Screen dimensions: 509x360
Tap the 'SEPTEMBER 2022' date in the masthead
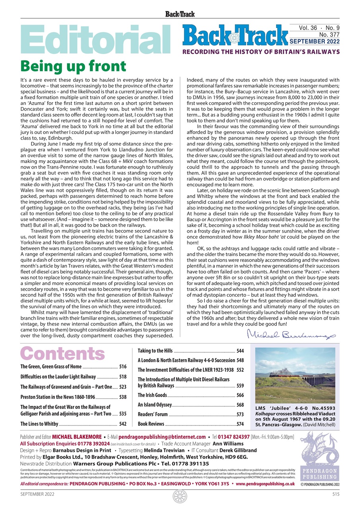(314, 41)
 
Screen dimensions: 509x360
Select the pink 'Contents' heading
(62, 353)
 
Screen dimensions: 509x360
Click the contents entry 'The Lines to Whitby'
(39, 424)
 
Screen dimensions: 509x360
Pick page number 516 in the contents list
(123, 367)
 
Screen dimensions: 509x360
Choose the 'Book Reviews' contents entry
(151, 424)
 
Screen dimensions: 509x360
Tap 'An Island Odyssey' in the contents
(155, 405)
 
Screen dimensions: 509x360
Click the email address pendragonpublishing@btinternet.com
(162, 437)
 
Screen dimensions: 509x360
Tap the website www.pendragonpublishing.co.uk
(265, 484)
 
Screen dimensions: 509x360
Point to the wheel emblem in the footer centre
(180, 497)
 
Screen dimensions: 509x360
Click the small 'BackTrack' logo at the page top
(180, 14)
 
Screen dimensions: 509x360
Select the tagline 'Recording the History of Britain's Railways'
(261, 52)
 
